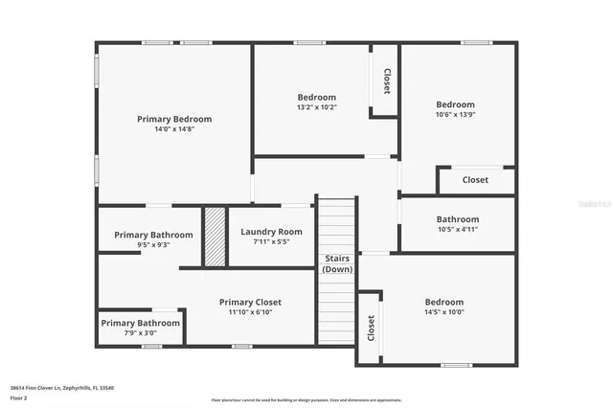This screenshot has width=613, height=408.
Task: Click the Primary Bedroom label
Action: [174, 119]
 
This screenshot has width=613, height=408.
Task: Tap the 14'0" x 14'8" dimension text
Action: [174, 129]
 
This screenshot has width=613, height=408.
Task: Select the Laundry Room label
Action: [271, 232]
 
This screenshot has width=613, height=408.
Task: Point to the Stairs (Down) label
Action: [337, 263]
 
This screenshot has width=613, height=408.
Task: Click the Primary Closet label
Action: [250, 303]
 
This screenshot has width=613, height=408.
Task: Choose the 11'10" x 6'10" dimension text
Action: [250, 313]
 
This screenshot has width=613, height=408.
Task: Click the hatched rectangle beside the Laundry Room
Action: [214, 238]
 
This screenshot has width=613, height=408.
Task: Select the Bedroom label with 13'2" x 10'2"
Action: [316, 97]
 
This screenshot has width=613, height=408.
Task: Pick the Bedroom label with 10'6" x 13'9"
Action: [455, 104]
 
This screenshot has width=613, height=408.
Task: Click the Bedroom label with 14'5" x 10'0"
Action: [443, 302]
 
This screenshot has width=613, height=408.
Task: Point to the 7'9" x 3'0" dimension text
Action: [140, 334]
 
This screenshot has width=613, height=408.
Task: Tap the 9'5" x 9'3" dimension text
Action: [153, 246]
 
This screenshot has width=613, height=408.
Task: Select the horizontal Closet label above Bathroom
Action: [475, 180]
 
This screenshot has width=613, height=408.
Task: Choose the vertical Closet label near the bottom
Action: [370, 329]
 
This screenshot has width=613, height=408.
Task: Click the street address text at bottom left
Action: [61, 387]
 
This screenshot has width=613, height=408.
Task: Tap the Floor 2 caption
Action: [18, 397]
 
